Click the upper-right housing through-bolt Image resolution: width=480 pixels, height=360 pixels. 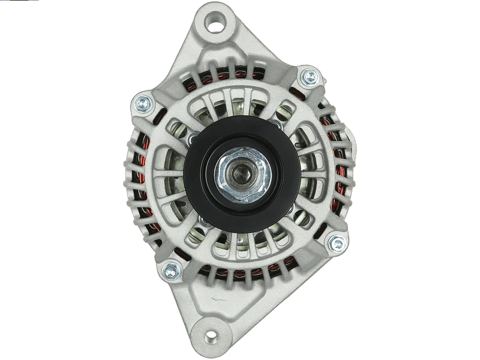coord(310,76)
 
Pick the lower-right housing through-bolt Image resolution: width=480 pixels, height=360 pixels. coord(336,243)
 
